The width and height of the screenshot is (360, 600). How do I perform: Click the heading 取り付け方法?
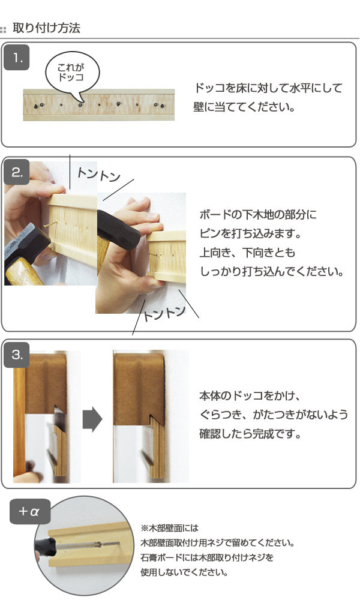[x=46, y=28]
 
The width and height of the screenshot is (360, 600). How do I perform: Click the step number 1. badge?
[x=17, y=58]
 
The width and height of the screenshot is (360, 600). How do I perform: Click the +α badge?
[x=29, y=512]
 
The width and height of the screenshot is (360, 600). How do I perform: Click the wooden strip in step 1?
[x=99, y=105]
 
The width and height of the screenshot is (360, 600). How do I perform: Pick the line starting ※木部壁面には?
[x=170, y=529]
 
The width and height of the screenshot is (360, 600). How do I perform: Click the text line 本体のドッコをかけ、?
[x=249, y=397]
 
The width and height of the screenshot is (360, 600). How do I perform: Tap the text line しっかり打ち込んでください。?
[x=271, y=271]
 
